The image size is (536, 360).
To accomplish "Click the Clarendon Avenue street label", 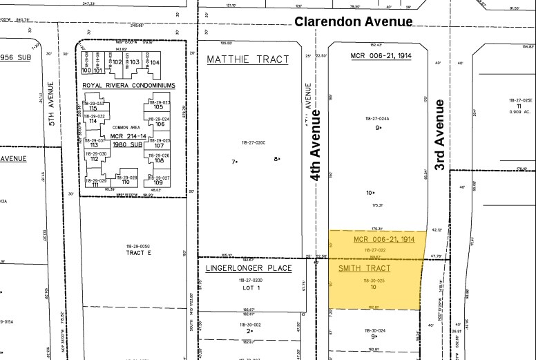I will pos(354,21).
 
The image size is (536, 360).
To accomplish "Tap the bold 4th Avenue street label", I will pos(316,145).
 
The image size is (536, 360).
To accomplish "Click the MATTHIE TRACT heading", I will pos(248,59).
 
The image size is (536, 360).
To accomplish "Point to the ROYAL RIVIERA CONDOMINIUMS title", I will pos(128,86).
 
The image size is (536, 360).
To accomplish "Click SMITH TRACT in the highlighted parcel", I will pos(364,268).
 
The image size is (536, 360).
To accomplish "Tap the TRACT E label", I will pos(138,253).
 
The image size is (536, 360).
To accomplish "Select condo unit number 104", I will pos(155,62).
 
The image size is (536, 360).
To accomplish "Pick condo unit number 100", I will pos(86,70).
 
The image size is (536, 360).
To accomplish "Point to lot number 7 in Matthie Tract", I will pos(233,161).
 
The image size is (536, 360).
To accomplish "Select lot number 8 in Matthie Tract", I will pos(276,159).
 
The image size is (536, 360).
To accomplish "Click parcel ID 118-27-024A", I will pos(377,119).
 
